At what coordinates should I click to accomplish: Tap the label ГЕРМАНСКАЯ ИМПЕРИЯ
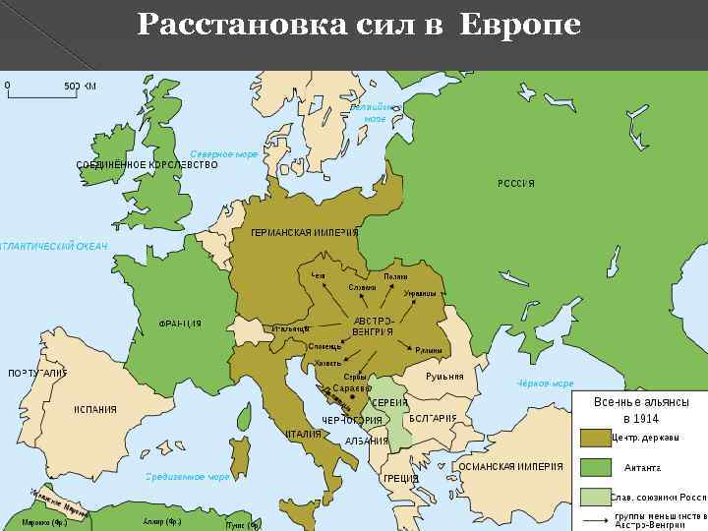(304, 232)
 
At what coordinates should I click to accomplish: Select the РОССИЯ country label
(516, 184)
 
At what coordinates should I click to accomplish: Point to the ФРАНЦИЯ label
(180, 324)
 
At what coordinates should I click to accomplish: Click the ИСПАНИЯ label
(95, 409)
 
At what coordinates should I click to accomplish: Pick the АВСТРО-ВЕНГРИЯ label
(373, 326)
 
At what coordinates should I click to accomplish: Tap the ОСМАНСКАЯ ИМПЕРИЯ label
(511, 466)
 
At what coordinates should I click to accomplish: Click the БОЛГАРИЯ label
(433, 418)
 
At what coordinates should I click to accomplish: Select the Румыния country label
(444, 377)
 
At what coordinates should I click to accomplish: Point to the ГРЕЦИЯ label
(401, 478)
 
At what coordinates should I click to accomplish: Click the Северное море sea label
(223, 154)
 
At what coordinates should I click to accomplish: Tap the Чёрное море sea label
(545, 383)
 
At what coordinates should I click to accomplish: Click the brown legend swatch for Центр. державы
(595, 438)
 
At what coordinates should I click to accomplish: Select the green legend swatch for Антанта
(595, 467)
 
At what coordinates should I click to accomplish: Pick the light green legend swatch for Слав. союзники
(595, 497)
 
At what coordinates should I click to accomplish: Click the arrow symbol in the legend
(595, 518)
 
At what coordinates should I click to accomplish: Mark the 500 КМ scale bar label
(80, 86)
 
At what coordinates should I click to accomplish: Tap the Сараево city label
(351, 388)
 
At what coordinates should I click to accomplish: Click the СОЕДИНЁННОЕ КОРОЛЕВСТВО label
(147, 164)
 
